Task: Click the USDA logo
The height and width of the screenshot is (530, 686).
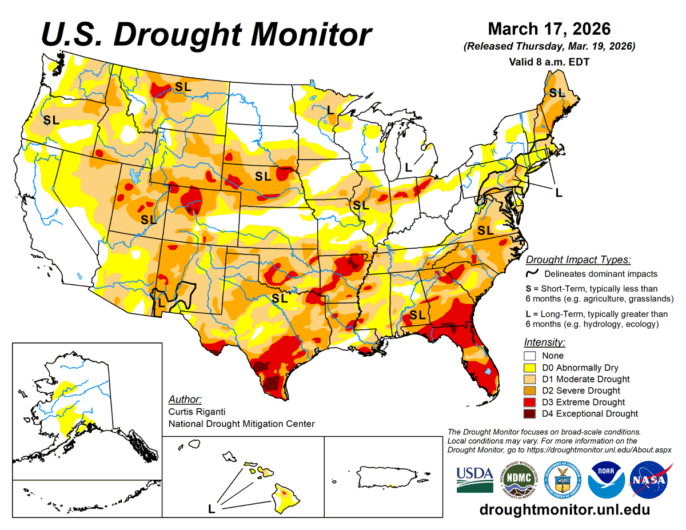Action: coord(474,479)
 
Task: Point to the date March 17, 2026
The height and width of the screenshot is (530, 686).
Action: coord(549,29)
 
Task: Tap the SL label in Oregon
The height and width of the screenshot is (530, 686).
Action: coord(51,120)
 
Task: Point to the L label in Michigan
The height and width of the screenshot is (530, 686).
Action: coord(408,168)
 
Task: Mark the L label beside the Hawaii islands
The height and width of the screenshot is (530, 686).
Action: coord(212,508)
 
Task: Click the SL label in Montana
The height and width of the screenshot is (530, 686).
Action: coord(183,87)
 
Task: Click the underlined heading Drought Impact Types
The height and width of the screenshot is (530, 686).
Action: coord(577,260)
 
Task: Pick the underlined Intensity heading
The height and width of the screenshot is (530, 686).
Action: coord(544,342)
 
